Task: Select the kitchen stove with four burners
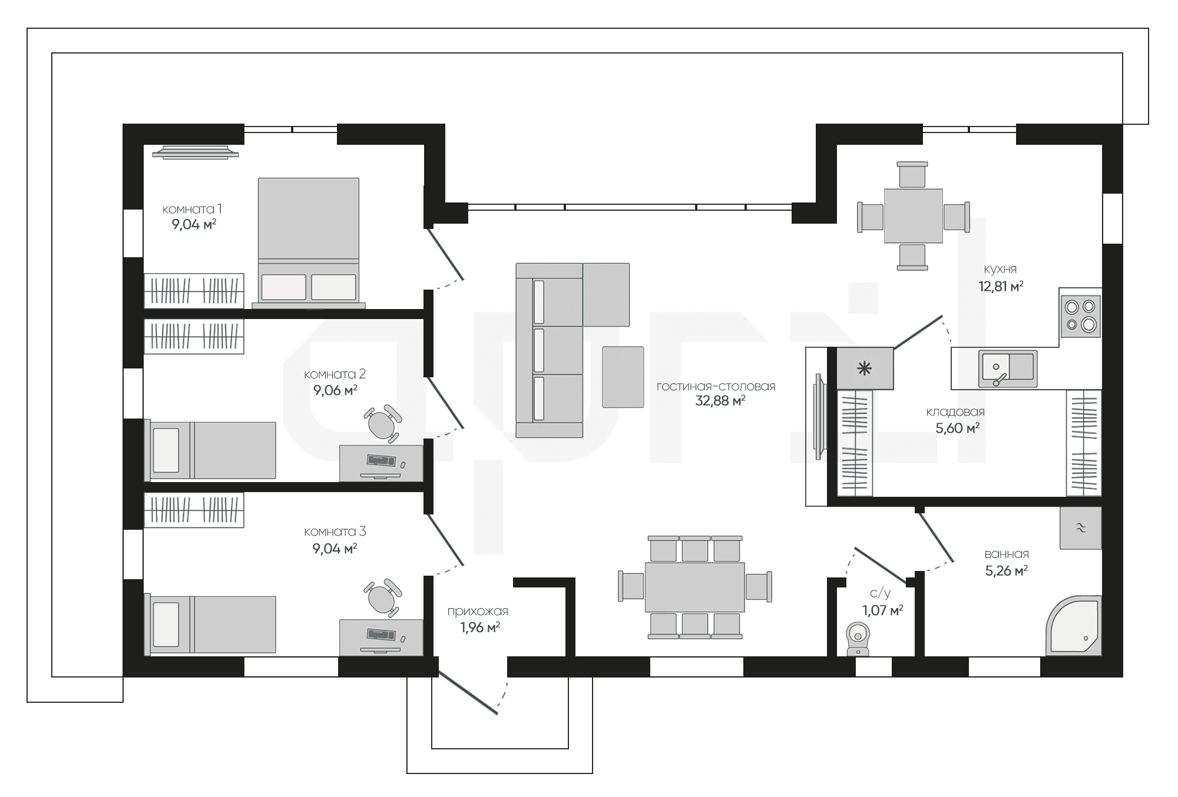[x=1081, y=316]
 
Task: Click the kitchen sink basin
[x=1008, y=369]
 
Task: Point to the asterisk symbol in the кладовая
[x=865, y=369]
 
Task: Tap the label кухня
[x=1000, y=269]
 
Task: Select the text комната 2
[x=335, y=374]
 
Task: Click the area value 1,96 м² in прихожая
[x=480, y=627]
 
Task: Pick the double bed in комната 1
[x=309, y=243]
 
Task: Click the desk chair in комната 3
[x=383, y=597]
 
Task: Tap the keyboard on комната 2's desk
[x=381, y=460]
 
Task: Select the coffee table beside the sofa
[x=623, y=377]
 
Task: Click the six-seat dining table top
[x=695, y=587]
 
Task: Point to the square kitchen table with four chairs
[x=913, y=216]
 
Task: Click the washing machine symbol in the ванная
[x=1080, y=528]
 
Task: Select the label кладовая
[x=955, y=412]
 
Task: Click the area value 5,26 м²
[x=1007, y=570]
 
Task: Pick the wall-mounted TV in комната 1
[x=196, y=152]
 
